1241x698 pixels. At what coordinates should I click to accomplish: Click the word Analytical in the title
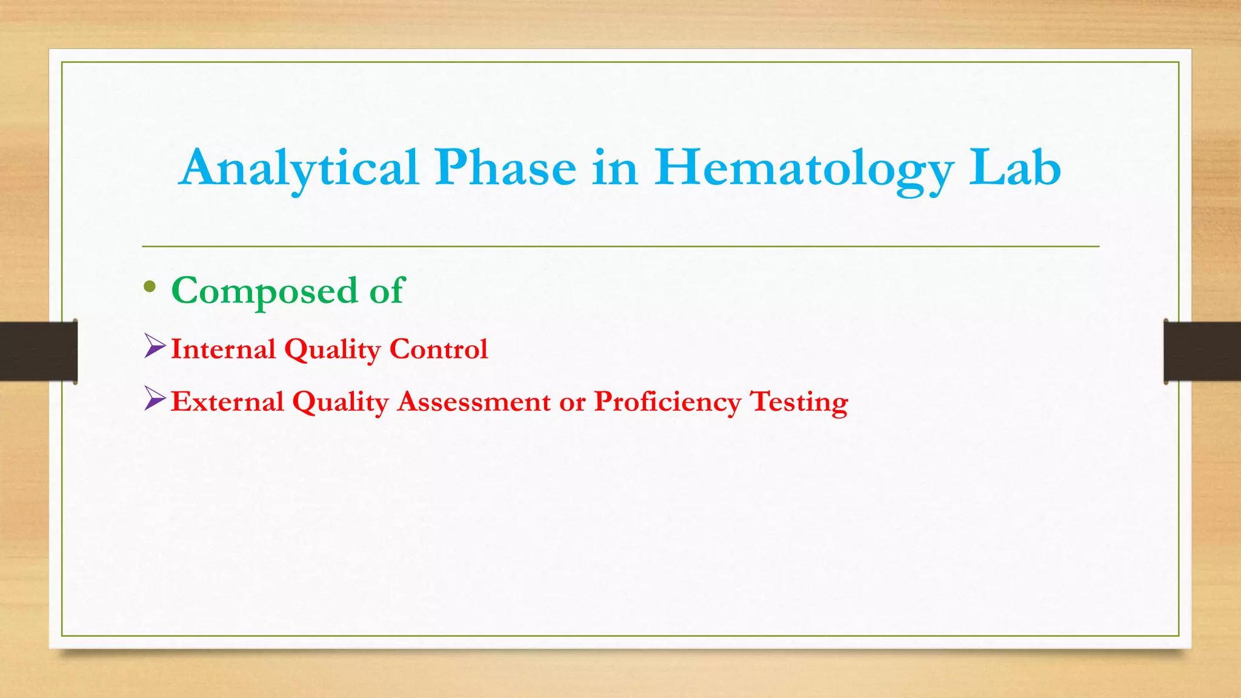point(299,168)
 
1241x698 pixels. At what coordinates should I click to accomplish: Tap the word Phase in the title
point(505,168)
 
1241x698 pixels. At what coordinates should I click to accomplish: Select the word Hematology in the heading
point(804,168)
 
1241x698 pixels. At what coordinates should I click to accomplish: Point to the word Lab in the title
point(1015,168)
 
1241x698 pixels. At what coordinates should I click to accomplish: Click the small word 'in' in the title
point(615,168)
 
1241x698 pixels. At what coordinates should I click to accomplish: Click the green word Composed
point(265,291)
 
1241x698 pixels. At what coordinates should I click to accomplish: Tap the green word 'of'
point(387,291)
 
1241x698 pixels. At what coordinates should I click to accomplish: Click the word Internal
point(223,349)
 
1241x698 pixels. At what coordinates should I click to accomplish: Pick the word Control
point(438,349)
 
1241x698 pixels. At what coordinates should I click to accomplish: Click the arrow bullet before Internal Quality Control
point(155,347)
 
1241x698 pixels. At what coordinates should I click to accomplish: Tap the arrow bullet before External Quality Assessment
point(155,399)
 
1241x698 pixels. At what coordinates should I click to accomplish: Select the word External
point(227,402)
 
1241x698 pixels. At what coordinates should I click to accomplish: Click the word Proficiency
point(667,402)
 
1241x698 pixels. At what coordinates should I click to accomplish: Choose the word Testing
point(799,402)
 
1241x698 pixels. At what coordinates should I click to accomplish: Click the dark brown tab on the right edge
point(1202,351)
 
